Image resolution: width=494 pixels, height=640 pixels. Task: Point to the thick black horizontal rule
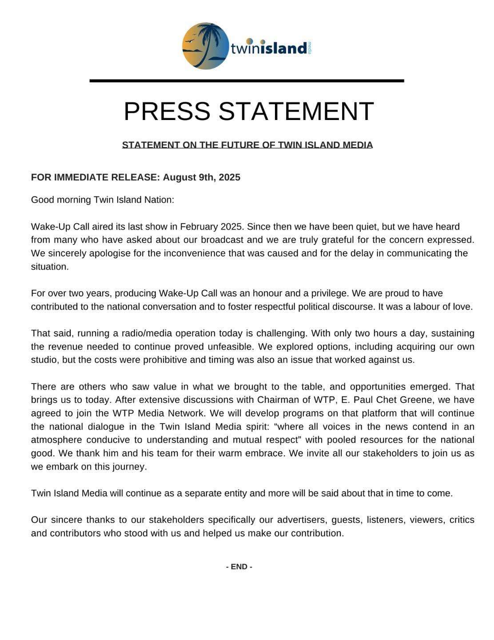(247, 80)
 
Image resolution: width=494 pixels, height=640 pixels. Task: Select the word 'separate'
(202, 493)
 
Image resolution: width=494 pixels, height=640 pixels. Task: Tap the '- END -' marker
(239, 567)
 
